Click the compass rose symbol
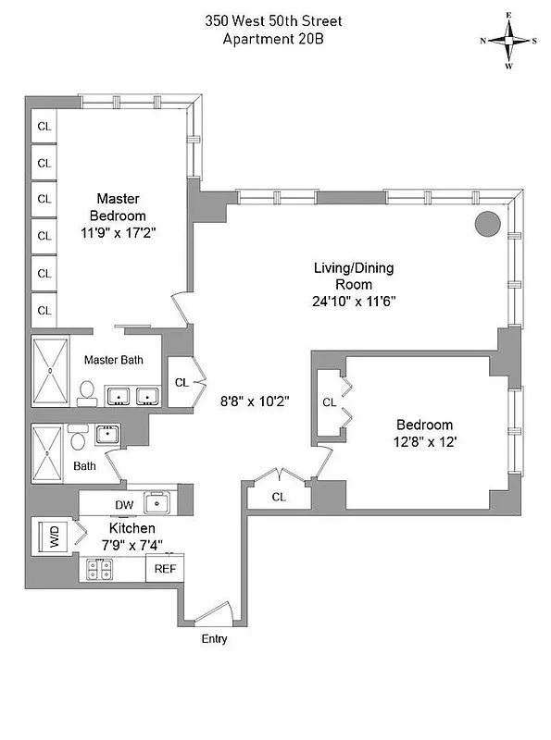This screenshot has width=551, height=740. click(508, 41)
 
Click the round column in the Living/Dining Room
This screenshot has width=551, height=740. click(487, 223)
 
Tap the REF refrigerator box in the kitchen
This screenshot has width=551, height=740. click(165, 569)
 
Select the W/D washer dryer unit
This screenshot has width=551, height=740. click(54, 536)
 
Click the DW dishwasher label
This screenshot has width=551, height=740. click(123, 505)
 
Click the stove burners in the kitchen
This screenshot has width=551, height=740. click(100, 569)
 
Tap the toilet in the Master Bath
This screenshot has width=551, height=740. click(86, 394)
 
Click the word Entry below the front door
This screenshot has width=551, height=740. click(214, 639)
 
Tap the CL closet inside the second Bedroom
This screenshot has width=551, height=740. click(329, 402)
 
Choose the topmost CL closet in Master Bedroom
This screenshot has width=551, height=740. click(44, 127)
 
